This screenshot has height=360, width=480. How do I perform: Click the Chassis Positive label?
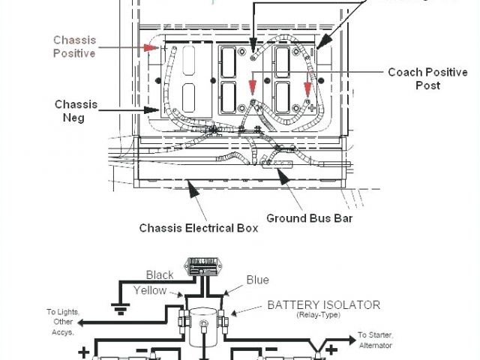(74, 46)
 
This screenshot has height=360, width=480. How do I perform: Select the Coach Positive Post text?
(423, 79)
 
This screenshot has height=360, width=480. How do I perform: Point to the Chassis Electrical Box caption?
(199, 227)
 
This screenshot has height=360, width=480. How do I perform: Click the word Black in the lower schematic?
(160, 274)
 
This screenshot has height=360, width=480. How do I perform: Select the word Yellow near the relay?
(150, 290)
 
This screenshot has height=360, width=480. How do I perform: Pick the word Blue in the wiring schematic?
(257, 280)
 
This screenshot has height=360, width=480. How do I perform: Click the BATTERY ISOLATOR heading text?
(323, 304)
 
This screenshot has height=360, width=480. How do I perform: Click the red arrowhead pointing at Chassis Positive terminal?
(153, 48)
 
